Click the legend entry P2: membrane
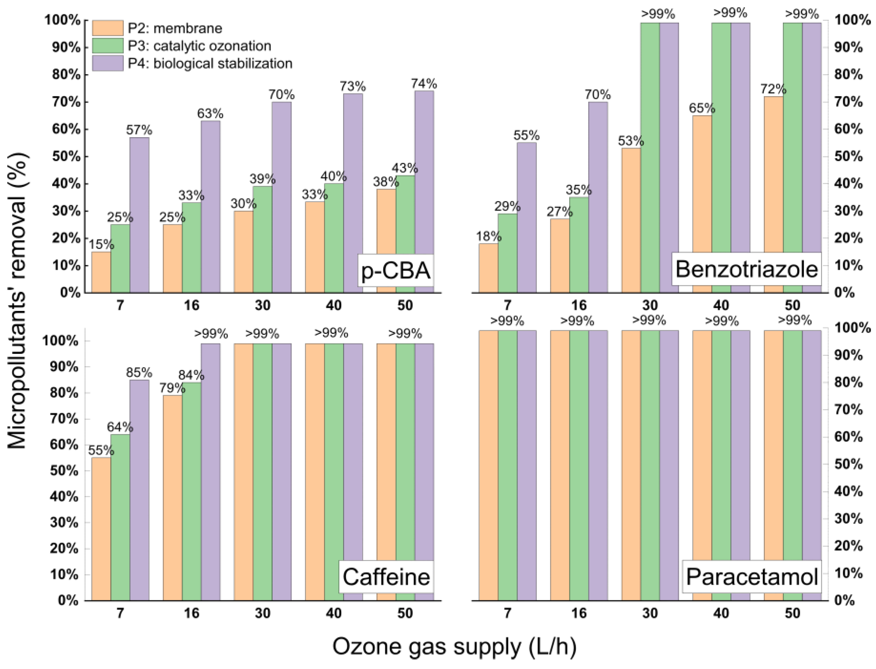pyautogui.click(x=174, y=28)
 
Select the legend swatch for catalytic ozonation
pyautogui.click(x=108, y=45)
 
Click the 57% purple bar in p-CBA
pyautogui.click(x=139, y=215)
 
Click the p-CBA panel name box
pyautogui.click(x=396, y=271)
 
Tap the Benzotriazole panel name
pyautogui.click(x=746, y=269)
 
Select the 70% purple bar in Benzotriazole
pyautogui.click(x=598, y=197)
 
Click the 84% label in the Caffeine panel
pyautogui.click(x=191, y=375)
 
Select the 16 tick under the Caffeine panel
pyautogui.click(x=191, y=613)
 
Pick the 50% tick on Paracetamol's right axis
pyautogui.click(x=848, y=464)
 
